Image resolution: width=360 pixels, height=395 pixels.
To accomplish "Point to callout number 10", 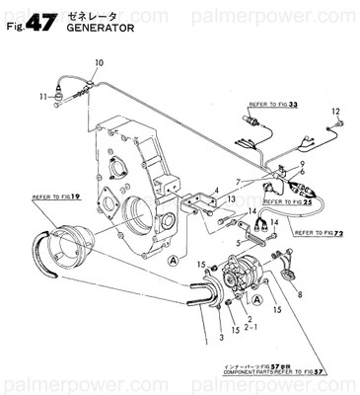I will pyautogui.click(x=98, y=63).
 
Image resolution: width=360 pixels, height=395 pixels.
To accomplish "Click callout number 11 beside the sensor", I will pyautogui.click(x=42, y=96).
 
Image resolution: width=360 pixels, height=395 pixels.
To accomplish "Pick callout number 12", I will pyautogui.click(x=335, y=111).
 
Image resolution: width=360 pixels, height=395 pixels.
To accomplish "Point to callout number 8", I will pyautogui.click(x=301, y=294).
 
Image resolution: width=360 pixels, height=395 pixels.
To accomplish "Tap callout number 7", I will pyautogui.click(x=239, y=182).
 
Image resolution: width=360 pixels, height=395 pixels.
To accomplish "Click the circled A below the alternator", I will pyautogui.click(x=258, y=299).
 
